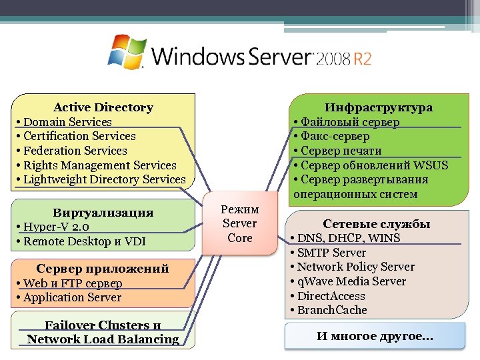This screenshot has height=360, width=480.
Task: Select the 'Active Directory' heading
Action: (103, 107)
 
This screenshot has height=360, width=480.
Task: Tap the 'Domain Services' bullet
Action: (67, 122)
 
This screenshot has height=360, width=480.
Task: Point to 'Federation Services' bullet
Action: (75, 151)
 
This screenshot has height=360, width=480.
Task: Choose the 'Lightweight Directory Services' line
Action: (104, 179)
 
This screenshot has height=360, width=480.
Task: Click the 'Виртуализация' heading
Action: (103, 213)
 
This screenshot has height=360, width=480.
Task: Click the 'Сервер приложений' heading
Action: (103, 269)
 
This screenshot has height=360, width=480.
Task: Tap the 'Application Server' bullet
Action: (72, 297)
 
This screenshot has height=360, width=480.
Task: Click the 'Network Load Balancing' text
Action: (103, 339)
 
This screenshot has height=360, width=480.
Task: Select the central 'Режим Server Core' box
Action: (240, 223)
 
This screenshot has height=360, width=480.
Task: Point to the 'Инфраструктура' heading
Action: (379, 107)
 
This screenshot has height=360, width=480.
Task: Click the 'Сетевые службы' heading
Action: (377, 224)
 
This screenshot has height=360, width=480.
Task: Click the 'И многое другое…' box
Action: (375, 337)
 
